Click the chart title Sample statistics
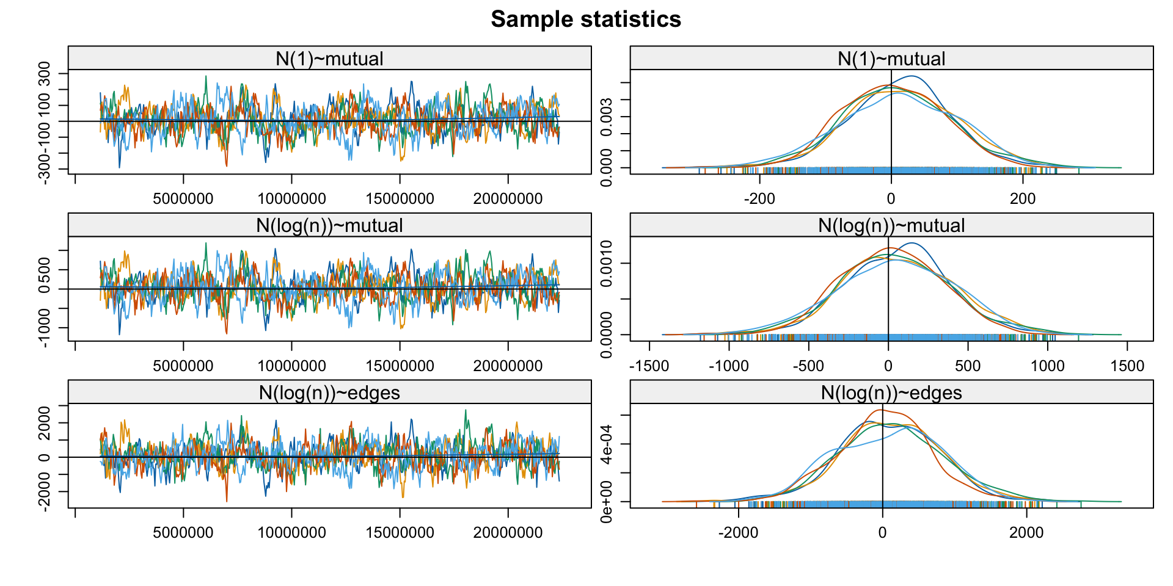[586, 20]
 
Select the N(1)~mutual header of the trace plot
[329, 59]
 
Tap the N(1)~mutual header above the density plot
[891, 59]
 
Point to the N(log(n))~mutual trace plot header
[329, 225]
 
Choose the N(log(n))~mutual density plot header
[891, 225]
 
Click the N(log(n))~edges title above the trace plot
[329, 392]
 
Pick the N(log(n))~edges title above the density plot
[891, 392]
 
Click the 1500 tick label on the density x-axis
[1127, 366]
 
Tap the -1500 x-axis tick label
[649, 366]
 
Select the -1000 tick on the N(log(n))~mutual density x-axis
[728, 366]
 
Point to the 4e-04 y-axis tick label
[607, 444]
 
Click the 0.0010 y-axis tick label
[607, 263]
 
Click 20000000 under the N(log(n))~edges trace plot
[508, 532]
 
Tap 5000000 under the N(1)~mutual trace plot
[183, 198]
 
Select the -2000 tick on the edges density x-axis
[738, 532]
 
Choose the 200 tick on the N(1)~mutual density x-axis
[1023, 198]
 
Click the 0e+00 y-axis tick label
[607, 502]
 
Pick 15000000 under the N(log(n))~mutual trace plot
[400, 366]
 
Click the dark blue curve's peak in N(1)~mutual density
[911, 76]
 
